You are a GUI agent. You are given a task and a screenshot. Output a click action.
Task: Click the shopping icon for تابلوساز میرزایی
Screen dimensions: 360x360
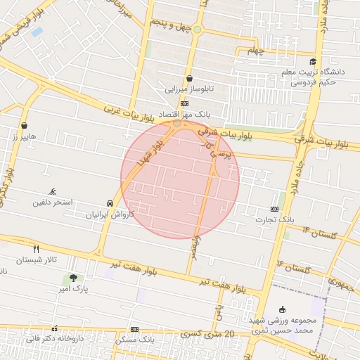pyautogui.click(x=189, y=78)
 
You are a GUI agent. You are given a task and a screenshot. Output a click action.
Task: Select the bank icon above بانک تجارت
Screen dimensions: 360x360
pyautogui.click(x=274, y=209)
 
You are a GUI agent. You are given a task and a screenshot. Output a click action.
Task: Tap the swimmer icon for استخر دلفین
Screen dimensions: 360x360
pyautogui.click(x=53, y=191)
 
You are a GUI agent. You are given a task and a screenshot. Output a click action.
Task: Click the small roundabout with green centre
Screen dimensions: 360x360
pyautogui.click(x=198, y=29)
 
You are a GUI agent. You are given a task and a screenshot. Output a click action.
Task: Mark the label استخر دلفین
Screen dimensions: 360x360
pyautogui.click(x=53, y=202)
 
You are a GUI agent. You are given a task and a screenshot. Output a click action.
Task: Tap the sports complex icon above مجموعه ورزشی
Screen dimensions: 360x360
pyautogui.click(x=283, y=309)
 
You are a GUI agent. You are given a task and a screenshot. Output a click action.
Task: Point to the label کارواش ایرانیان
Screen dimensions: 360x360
pyautogui.click(x=110, y=214)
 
